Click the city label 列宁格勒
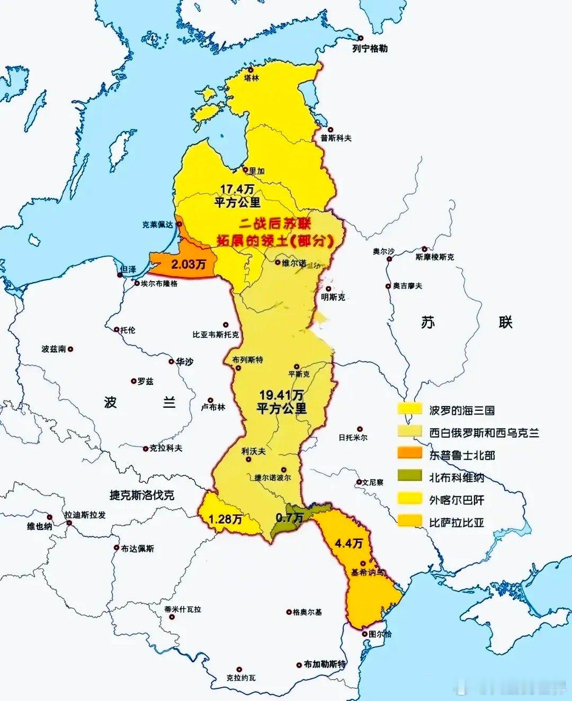(x=370, y=49)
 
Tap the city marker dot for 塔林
(x=251, y=69)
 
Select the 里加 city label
(x=256, y=171)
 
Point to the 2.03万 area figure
(x=188, y=264)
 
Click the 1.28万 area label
(x=225, y=519)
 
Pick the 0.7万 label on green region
(x=289, y=517)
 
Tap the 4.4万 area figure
(x=350, y=543)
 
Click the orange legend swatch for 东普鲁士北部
(x=410, y=454)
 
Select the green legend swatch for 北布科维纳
(x=410, y=477)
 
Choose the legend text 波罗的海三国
(x=462, y=410)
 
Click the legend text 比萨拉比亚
(x=457, y=523)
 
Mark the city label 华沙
(x=184, y=362)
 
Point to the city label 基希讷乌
(x=368, y=573)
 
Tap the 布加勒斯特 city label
(x=325, y=664)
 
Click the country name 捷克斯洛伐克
(x=142, y=496)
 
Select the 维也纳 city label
(x=39, y=526)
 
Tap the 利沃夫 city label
(x=253, y=452)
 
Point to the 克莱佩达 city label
(x=157, y=224)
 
